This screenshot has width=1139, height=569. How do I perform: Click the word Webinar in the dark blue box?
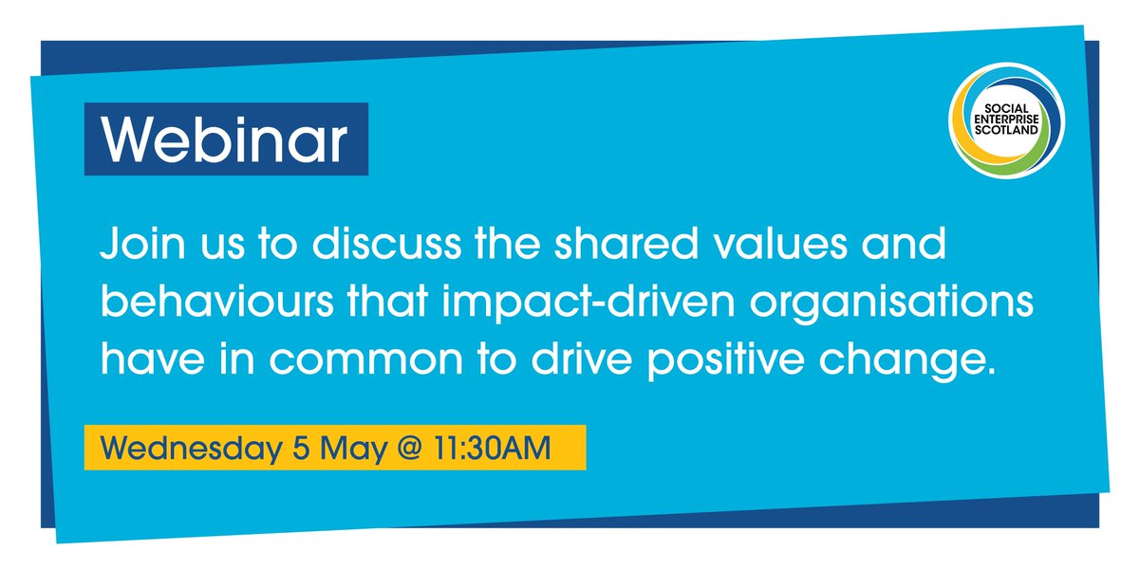click(226, 140)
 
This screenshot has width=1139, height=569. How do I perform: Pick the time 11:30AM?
click(495, 448)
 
